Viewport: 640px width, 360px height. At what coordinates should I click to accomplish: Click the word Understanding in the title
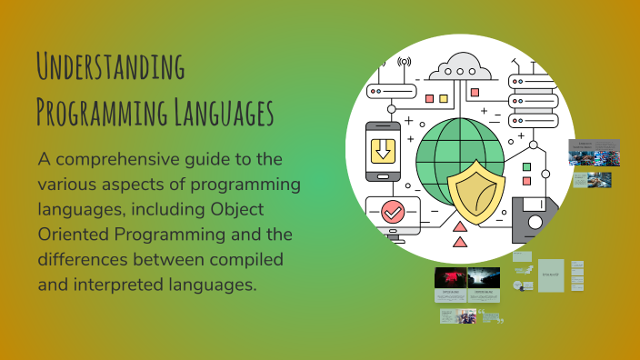(x=110, y=69)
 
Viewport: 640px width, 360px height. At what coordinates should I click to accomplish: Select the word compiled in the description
(x=246, y=259)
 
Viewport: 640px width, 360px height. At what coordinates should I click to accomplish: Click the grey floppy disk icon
(x=537, y=217)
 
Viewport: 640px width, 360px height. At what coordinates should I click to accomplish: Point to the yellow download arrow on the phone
(x=383, y=151)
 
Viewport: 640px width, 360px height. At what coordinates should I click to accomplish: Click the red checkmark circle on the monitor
(x=393, y=213)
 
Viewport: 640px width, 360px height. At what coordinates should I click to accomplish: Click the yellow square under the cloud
(x=444, y=98)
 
